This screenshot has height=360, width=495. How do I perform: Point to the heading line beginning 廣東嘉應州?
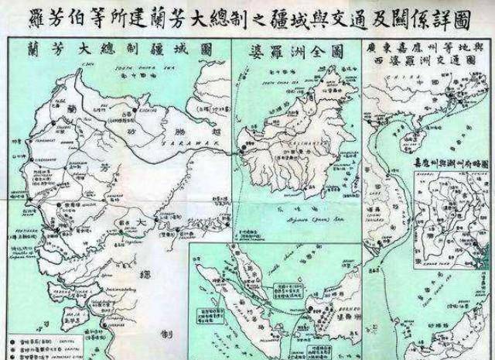point(427,49)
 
